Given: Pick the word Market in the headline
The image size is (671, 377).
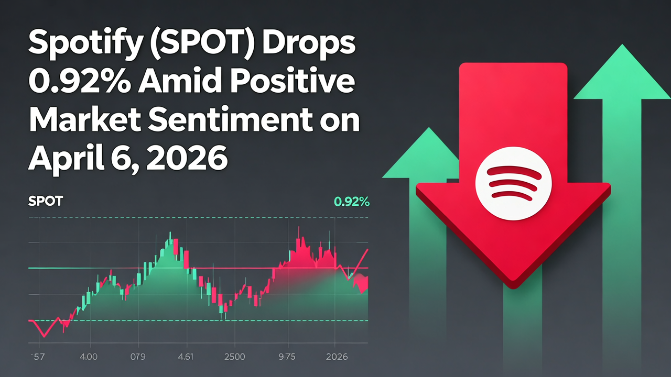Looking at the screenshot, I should tap(84, 120).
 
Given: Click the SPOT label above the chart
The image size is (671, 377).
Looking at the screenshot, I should tap(45, 202).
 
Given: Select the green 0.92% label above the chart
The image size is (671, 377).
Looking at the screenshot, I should tap(351, 202).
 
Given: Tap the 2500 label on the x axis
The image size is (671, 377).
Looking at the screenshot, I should tap(234, 357).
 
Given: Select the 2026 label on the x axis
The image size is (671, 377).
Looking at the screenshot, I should tap(337, 357).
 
